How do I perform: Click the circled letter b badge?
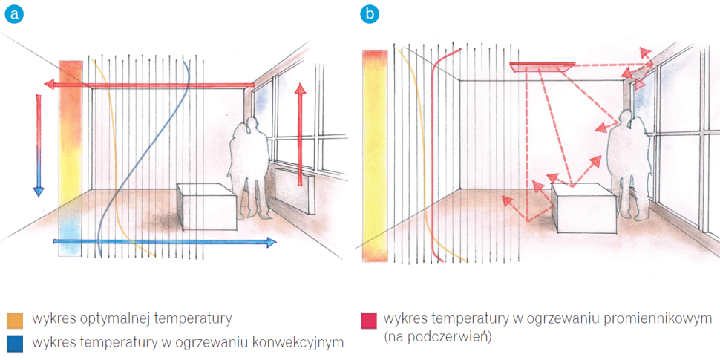(369, 14)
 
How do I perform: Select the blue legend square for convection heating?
(16, 342)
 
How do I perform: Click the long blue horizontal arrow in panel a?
(163, 242)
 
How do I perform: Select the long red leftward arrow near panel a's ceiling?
(148, 85)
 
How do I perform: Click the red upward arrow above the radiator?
(300, 126)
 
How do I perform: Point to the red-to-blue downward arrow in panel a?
(37, 145)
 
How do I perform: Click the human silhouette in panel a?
(246, 167)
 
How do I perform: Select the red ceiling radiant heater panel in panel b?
(543, 66)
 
